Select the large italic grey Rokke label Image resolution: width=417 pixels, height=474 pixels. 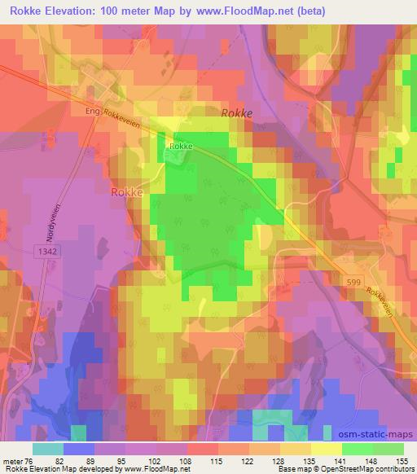[237, 114]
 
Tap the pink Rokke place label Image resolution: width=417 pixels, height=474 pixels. [126, 193]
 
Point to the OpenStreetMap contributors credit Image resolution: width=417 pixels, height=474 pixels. [367, 469]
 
